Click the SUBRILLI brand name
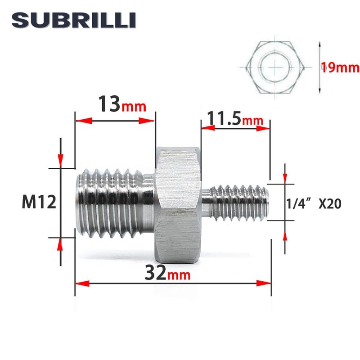74,21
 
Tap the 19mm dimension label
340,68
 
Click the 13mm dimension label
121,106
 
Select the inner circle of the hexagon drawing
275,67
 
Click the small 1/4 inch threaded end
238,202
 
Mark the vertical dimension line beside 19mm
319,67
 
